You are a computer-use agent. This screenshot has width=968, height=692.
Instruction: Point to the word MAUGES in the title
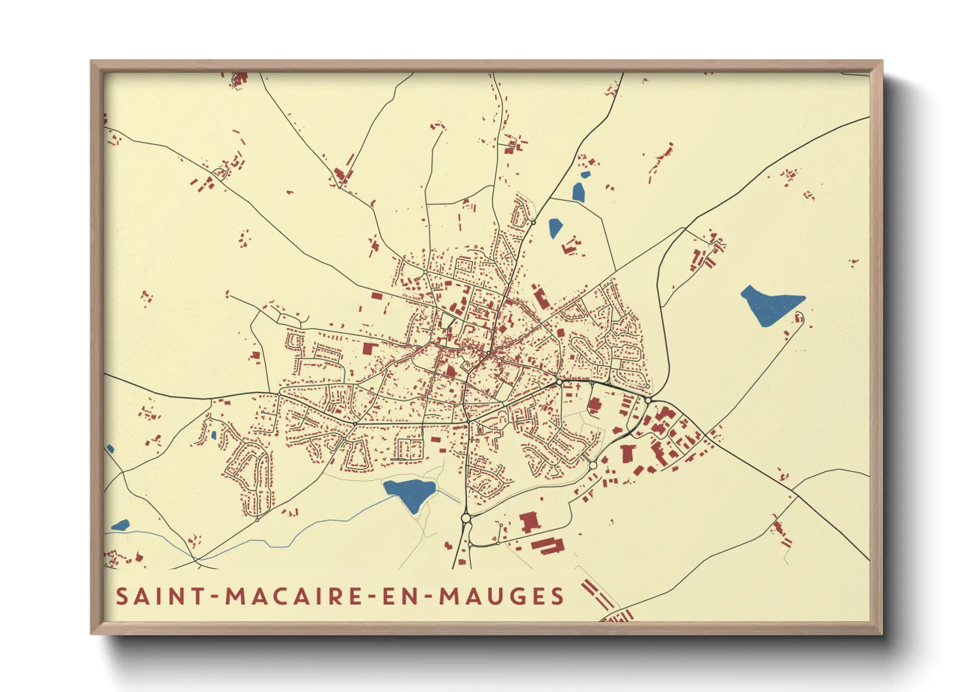(x=501, y=596)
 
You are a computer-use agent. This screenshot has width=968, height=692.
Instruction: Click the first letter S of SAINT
(x=122, y=596)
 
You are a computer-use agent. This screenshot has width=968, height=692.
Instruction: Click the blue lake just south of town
(x=409, y=493)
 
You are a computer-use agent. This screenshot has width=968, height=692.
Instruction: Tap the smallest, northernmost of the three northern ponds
(x=585, y=175)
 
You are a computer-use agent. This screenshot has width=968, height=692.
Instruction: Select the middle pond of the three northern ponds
(x=578, y=192)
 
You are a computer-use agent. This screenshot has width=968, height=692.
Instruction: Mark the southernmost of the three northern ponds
(x=555, y=227)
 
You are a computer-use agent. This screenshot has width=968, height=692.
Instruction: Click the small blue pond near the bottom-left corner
(x=121, y=525)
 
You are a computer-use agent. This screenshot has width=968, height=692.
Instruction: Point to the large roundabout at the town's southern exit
(x=466, y=518)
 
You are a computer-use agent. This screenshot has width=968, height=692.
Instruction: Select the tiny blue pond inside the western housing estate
(x=213, y=434)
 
